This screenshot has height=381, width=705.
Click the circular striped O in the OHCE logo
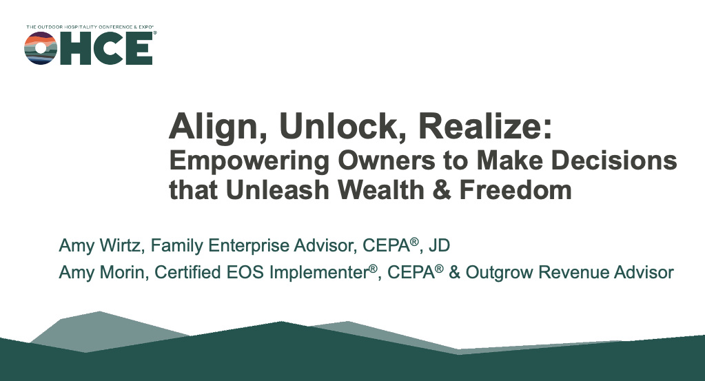[41, 48]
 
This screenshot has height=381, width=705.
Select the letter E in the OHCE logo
[140, 48]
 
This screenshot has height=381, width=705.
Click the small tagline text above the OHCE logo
[90, 27]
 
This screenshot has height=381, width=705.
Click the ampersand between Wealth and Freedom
[442, 190]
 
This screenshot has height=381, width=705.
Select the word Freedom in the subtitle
[515, 189]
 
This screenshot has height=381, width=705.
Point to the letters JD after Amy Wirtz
[439, 245]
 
